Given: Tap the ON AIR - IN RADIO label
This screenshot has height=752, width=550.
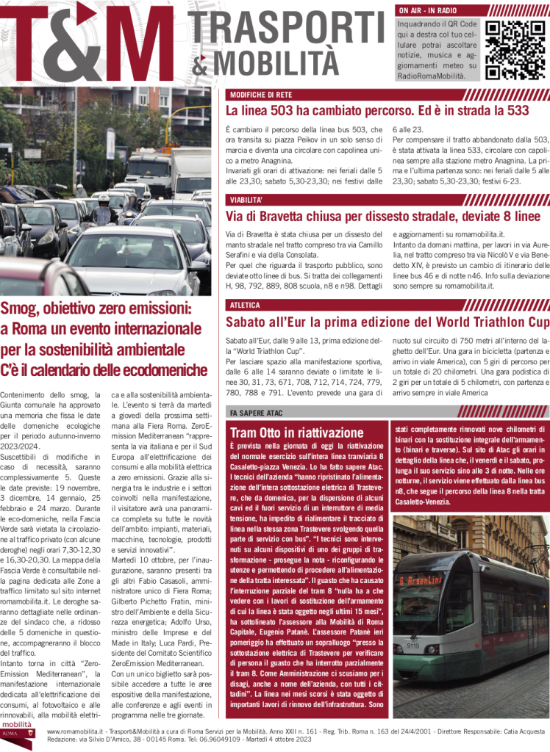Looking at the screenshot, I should (428, 10).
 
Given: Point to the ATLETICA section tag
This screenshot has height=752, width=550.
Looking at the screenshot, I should (245, 305).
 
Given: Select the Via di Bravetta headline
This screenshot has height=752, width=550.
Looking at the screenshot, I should (382, 216).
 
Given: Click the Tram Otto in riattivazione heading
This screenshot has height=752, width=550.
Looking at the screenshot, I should (296, 433).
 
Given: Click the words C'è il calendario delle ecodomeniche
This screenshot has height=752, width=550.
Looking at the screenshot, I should (104, 369).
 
